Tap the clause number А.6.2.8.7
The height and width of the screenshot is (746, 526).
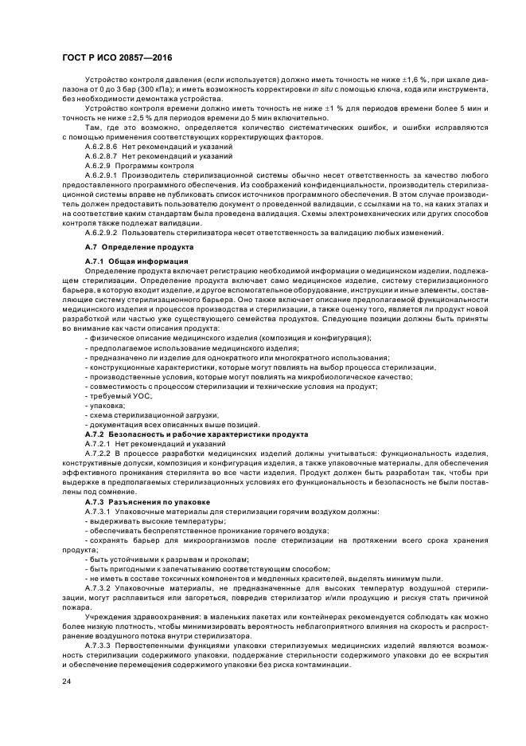(101, 157)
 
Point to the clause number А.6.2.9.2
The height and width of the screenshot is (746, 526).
(101, 233)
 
